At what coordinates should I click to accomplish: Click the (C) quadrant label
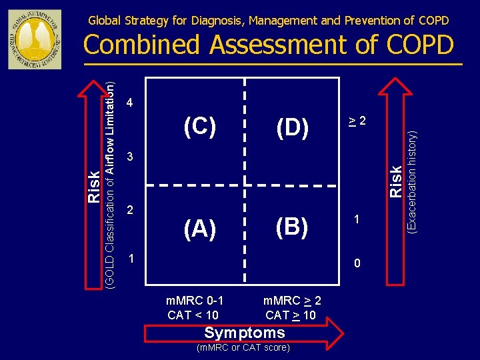point(200,127)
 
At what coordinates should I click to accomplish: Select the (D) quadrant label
point(292,128)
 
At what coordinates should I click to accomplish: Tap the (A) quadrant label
point(200,229)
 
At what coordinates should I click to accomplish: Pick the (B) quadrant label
point(292,227)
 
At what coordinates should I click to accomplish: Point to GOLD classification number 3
point(131,157)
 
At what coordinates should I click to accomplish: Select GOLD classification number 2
point(131,210)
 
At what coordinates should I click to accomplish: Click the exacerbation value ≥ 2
point(357,121)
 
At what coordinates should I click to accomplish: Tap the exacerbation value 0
point(357,263)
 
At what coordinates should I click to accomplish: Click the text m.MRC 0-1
point(194,301)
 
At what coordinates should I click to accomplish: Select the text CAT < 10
point(193,315)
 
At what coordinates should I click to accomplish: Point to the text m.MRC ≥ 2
point(292,301)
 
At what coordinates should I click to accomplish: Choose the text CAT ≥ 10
point(291,315)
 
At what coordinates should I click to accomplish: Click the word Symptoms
point(245,333)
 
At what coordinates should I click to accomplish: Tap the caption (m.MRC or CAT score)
point(244,347)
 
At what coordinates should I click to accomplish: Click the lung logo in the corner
point(34,39)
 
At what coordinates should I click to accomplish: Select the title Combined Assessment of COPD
point(269,45)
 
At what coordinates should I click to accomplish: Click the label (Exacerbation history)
point(413,181)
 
